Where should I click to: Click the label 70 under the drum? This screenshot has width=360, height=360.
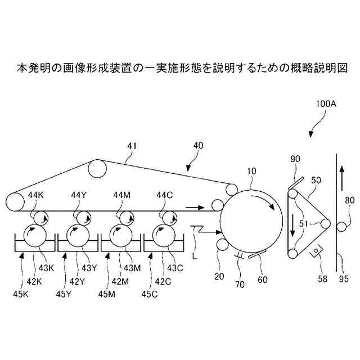coord(240,285)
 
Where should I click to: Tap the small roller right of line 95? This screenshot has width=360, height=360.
coord(341,228)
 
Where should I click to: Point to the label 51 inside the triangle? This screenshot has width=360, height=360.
coord(303,223)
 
